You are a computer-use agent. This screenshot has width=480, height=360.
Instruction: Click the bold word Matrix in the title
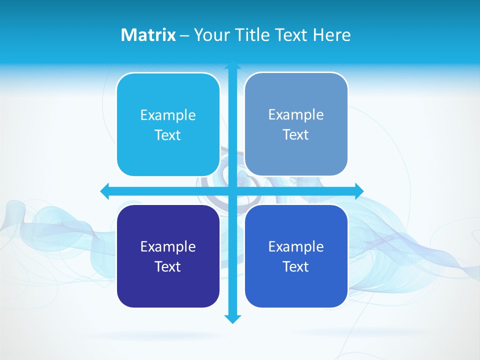click(148, 35)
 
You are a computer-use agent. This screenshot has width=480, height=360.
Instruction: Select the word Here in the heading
click(331, 35)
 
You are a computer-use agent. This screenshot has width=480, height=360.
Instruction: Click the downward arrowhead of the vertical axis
click(232, 318)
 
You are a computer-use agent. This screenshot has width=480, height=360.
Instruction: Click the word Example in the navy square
click(168, 246)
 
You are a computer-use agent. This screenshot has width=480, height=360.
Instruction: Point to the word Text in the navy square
click(168, 266)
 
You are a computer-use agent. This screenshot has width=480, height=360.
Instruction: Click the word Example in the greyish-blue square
click(296, 114)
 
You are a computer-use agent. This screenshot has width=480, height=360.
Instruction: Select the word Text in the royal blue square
click(296, 266)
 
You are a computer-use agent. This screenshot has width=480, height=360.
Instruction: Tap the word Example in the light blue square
click(168, 115)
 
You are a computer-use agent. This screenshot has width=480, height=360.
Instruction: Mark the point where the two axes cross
click(232, 191)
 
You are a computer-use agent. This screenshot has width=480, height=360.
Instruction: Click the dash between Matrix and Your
click(184, 35)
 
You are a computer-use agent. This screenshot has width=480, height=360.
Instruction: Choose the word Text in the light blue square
click(168, 135)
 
